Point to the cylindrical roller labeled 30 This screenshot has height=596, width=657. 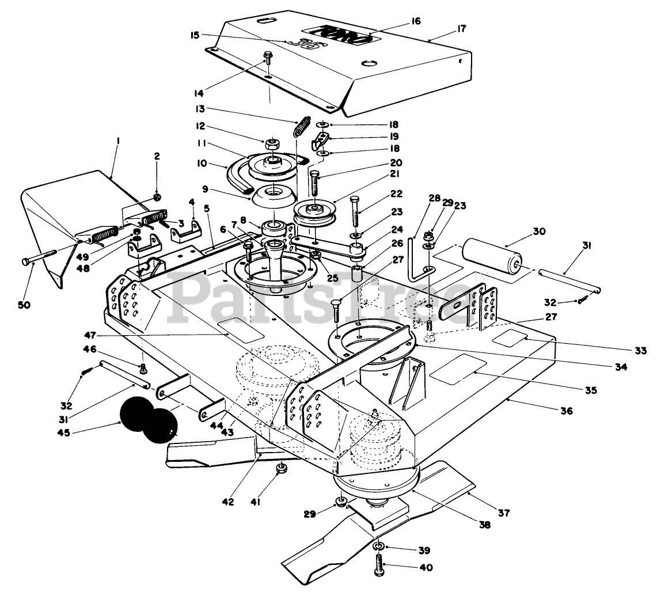click(492, 255)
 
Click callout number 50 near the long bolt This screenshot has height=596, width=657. click(24, 305)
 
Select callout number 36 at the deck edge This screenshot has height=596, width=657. click(567, 411)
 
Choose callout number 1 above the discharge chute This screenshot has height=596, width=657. click(118, 142)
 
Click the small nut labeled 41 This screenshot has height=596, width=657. click(279, 468)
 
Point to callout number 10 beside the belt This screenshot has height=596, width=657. click(202, 163)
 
